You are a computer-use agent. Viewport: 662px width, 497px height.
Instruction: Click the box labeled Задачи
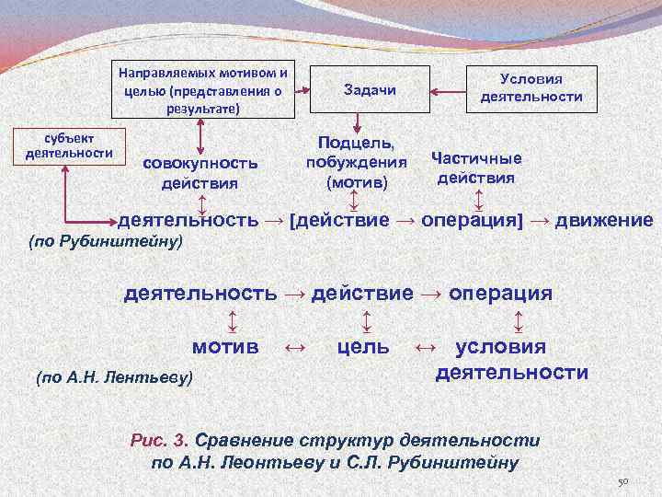(x=369, y=90)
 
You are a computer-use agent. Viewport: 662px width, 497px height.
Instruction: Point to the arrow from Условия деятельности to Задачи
(x=450, y=90)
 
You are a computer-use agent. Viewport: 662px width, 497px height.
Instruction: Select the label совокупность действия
(x=199, y=172)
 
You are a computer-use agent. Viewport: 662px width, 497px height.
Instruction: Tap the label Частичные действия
(x=475, y=167)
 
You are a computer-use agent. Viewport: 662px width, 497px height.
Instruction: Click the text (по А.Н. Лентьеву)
(x=113, y=376)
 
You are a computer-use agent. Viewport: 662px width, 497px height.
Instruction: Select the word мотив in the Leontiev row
(x=223, y=347)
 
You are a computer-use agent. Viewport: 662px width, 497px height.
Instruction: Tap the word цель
(x=363, y=347)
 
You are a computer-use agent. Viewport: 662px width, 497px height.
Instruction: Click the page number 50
(x=622, y=482)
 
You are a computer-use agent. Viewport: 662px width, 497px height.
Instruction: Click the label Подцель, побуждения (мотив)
(x=358, y=163)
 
